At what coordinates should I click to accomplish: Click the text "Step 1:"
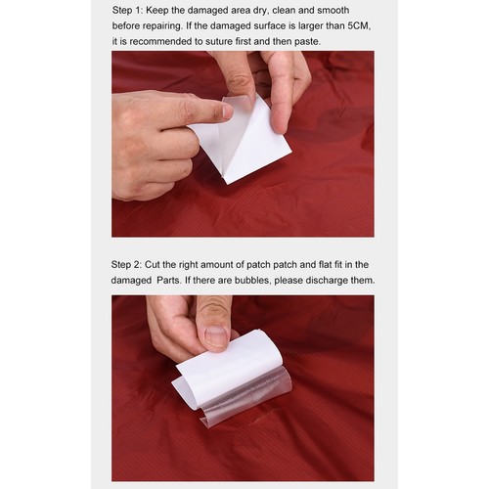(x=127, y=11)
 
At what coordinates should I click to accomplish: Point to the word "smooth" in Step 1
(x=333, y=11)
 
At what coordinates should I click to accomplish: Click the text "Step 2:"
(x=126, y=265)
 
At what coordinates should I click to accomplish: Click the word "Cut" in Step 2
(x=153, y=264)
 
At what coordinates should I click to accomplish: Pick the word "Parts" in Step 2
(x=168, y=281)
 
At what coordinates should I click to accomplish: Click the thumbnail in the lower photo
(x=215, y=336)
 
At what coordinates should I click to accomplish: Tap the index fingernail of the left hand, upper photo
(x=228, y=111)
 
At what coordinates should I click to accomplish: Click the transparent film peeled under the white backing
(x=247, y=395)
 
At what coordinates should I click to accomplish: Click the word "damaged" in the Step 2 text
(x=131, y=281)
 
